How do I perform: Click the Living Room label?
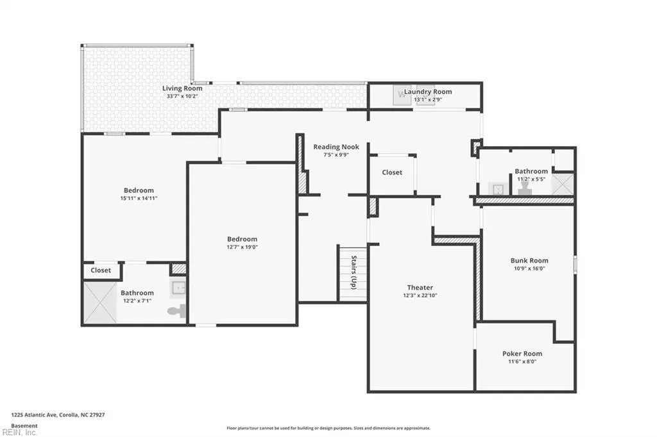(182, 88)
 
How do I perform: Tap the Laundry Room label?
(428, 92)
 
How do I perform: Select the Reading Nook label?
(336, 147)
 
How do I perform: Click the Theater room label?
(420, 288)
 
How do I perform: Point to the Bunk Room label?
(529, 260)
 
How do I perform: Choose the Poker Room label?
(522, 354)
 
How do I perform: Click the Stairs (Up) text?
(354, 272)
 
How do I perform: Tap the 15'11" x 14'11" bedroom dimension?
(139, 199)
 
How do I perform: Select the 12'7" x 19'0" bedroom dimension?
(242, 247)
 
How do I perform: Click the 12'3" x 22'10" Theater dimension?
(420, 295)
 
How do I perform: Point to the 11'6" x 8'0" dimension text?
(522, 361)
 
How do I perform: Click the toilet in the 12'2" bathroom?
(176, 311)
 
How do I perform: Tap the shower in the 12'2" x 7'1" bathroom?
(99, 302)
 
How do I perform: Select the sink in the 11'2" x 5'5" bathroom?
(498, 190)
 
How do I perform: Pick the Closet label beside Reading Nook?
(392, 172)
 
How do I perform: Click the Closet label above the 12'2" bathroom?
(101, 270)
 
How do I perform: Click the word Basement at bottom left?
(24, 425)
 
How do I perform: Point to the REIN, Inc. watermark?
(19, 433)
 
